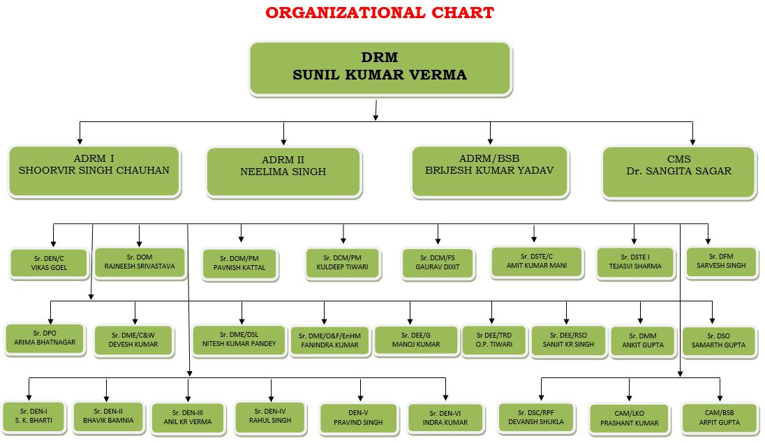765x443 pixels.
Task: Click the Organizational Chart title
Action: click(x=380, y=12)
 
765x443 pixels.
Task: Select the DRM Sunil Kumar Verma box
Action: click(x=380, y=68)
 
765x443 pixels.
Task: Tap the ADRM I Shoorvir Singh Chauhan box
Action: click(x=94, y=171)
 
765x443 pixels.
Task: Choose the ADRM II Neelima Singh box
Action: click(x=283, y=172)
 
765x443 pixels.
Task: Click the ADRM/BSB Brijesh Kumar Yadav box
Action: click(x=490, y=172)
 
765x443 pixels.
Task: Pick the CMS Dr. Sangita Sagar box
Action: click(x=679, y=173)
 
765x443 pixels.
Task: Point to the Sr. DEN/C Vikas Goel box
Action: click(x=50, y=264)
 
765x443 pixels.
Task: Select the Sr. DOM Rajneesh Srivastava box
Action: click(x=140, y=262)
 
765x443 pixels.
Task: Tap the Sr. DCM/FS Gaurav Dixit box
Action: click(x=438, y=264)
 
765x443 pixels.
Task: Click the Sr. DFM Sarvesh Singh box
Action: click(x=721, y=262)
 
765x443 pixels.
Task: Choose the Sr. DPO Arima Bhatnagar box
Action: click(x=45, y=338)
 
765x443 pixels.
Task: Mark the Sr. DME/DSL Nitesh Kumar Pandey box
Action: click(x=239, y=340)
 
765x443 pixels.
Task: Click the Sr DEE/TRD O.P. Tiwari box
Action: click(x=494, y=341)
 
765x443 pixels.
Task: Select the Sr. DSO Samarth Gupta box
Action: click(x=719, y=342)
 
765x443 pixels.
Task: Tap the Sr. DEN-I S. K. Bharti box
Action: click(x=34, y=416)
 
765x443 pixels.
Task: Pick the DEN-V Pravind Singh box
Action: click(x=359, y=418)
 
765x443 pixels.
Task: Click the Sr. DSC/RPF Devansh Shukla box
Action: click(x=536, y=418)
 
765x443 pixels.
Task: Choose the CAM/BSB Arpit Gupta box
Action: click(x=720, y=418)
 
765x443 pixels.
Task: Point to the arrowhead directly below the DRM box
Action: click(x=376, y=117)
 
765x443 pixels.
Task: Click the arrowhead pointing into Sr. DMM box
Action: click(x=640, y=320)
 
